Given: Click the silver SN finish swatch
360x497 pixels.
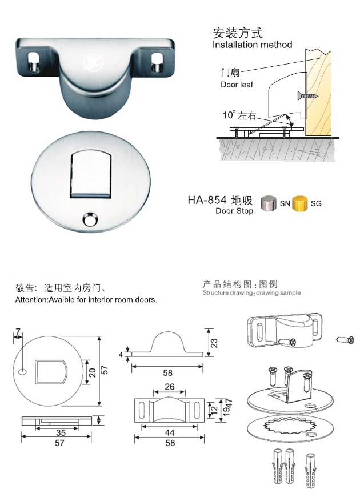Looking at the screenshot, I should pyautogui.click(x=269, y=203).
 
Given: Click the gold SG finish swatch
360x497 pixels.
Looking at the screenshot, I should pyautogui.click(x=300, y=203).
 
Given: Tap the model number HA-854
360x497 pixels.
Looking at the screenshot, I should pyautogui.click(x=207, y=201).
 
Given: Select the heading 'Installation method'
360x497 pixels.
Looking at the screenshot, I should pyautogui.click(x=252, y=45).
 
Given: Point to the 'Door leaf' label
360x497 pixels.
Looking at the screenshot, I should pyautogui.click(x=236, y=85).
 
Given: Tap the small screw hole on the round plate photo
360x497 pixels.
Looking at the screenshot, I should pyautogui.click(x=89, y=220).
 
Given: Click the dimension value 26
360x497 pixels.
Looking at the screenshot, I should pyautogui.click(x=170, y=387).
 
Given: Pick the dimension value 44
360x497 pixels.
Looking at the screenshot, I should pyautogui.click(x=170, y=433).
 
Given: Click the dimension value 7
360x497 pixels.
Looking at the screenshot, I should pyautogui.click(x=18, y=332).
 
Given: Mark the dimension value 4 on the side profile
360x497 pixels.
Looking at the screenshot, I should pyautogui.click(x=121, y=354).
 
